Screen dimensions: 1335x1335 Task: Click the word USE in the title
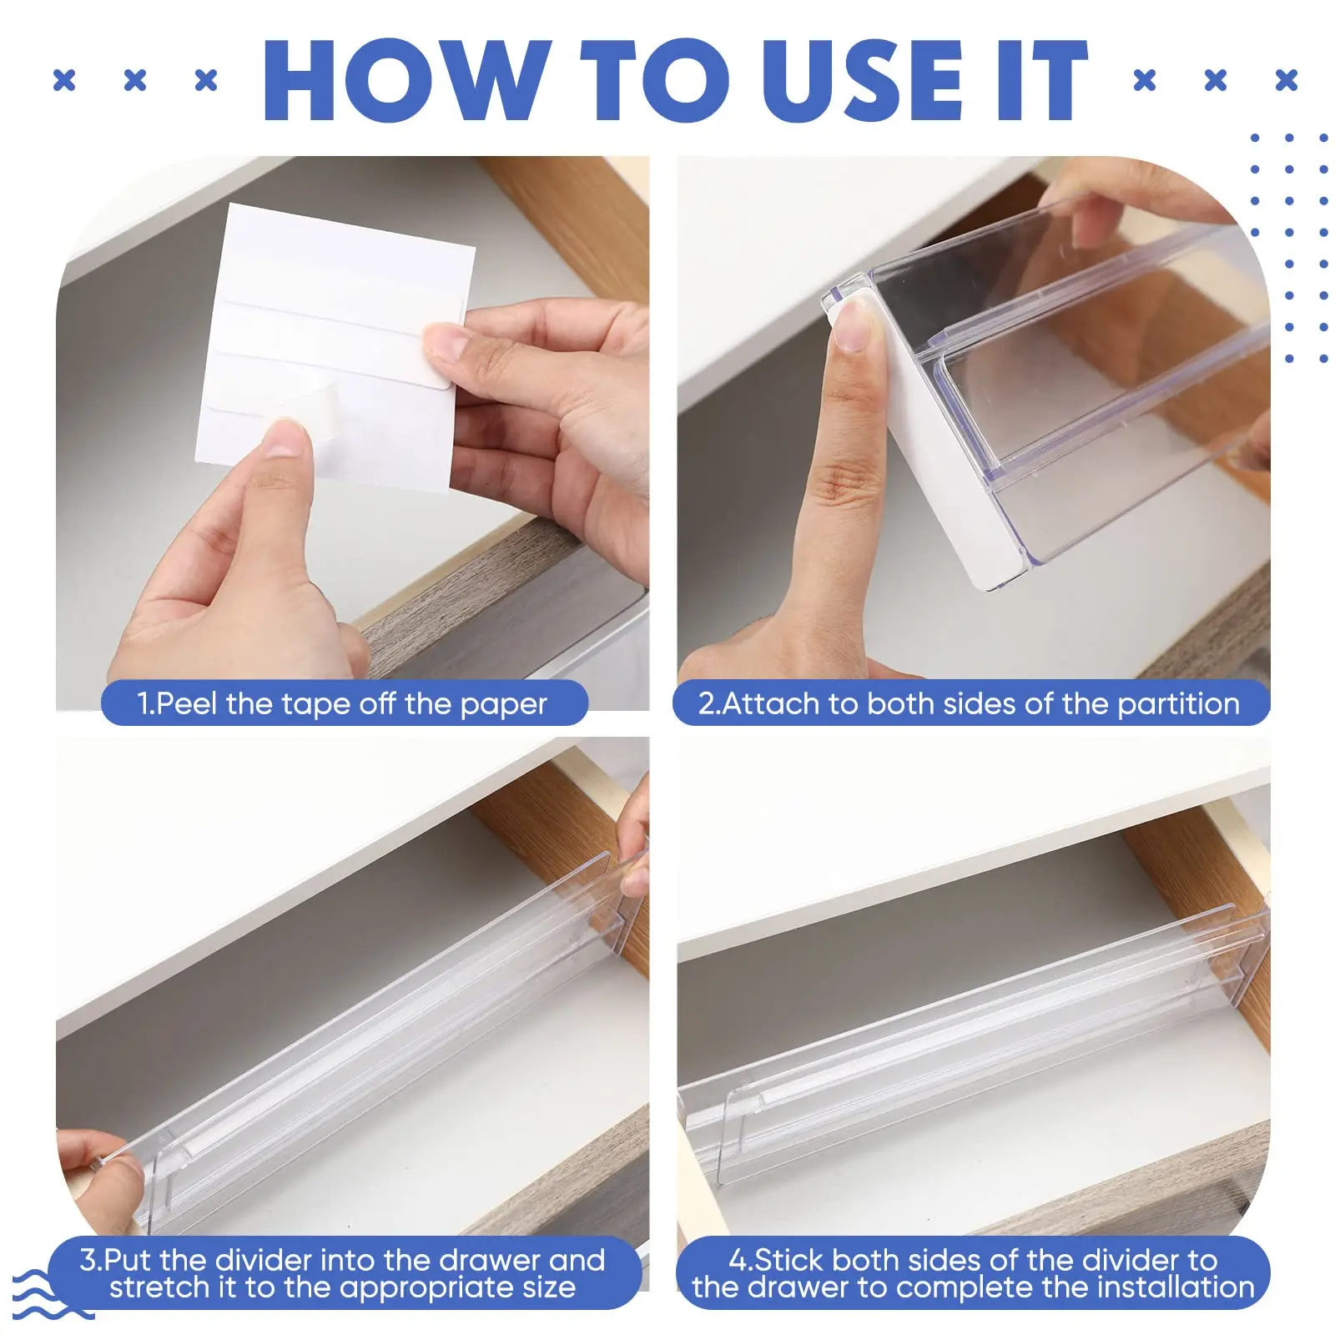(862, 82)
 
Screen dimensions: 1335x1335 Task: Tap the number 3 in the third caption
(88, 1259)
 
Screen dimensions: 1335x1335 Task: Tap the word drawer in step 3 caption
(484, 1259)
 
